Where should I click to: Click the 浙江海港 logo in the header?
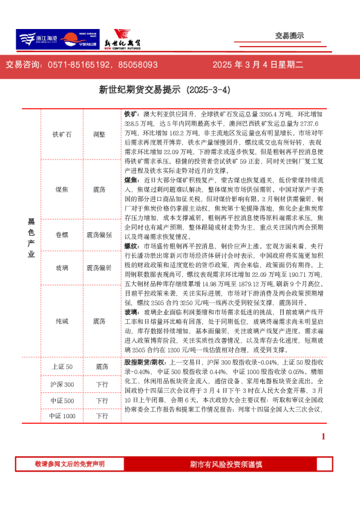tap(36, 40)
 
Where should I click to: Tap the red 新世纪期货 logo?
tap(124, 41)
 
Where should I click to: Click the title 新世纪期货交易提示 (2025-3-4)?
tap(165, 90)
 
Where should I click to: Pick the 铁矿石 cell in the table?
tap(62, 134)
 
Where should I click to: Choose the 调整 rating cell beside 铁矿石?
tap(100, 134)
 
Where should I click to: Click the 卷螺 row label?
tap(62, 235)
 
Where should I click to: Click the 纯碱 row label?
tap(62, 322)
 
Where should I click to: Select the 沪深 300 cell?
tap(62, 384)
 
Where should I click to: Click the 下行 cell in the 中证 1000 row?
tap(100, 417)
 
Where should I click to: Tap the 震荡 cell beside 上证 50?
tap(100, 367)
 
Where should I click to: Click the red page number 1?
tap(323, 436)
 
